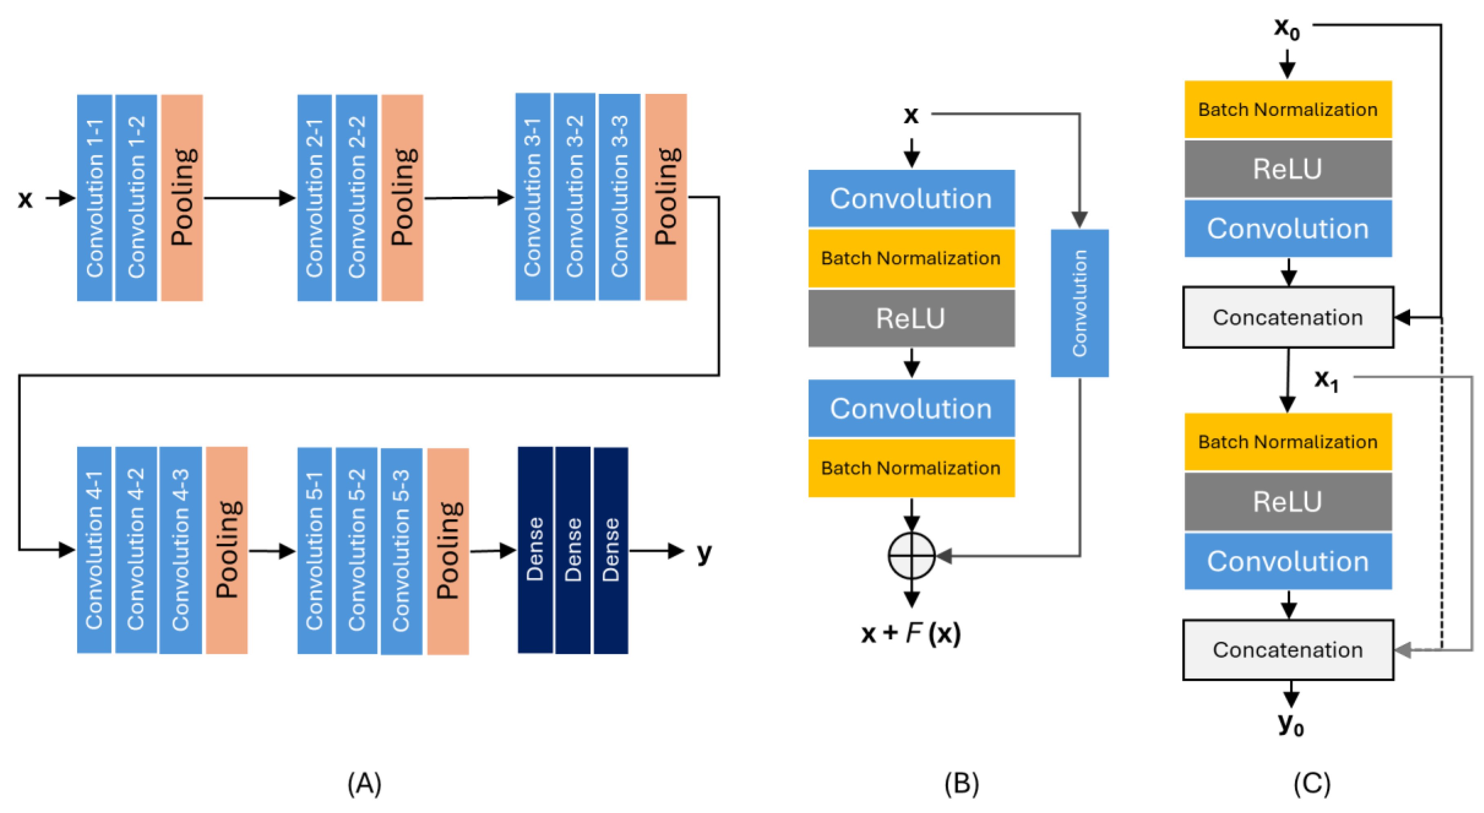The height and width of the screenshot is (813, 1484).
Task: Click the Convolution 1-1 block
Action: [x=94, y=198]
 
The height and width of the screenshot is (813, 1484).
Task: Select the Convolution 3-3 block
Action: [x=619, y=197]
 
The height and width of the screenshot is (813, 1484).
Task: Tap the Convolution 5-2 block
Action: [x=357, y=550]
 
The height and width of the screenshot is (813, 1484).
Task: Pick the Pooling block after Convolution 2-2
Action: [x=402, y=198]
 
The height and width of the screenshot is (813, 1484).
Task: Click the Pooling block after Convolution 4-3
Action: [x=227, y=550]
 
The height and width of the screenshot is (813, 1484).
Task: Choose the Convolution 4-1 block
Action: [x=94, y=550]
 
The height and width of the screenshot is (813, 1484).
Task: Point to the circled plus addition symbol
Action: [x=911, y=555]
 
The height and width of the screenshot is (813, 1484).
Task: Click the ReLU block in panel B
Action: [x=911, y=318]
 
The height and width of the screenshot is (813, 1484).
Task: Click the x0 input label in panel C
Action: [x=1287, y=28]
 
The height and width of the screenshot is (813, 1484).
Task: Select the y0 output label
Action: [x=1291, y=724]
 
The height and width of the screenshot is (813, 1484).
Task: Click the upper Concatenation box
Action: [x=1288, y=317]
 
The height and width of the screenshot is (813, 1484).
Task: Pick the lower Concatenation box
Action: [x=1288, y=650]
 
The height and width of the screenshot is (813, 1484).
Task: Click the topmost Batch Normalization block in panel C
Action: [x=1288, y=109]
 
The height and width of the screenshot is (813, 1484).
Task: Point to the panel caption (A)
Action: [x=364, y=784]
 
